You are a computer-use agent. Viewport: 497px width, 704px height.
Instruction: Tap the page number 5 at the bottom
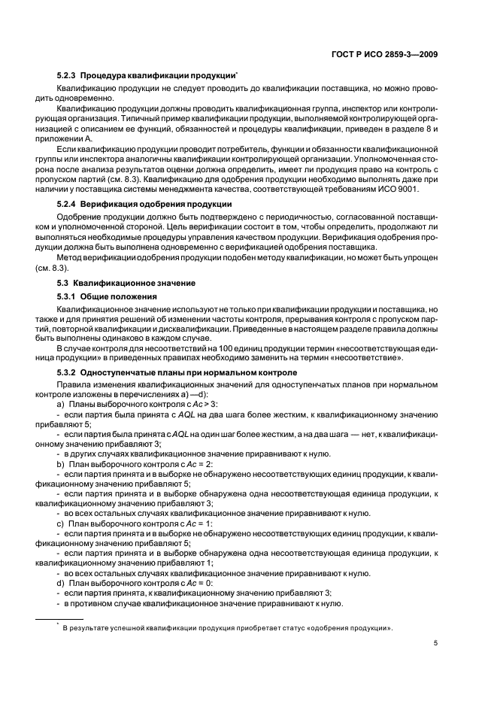click(436, 643)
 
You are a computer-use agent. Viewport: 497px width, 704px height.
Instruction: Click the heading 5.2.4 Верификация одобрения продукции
click(144, 205)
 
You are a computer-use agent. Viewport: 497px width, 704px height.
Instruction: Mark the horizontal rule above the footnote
click(61, 619)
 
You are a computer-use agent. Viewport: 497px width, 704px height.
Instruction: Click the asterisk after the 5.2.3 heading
click(238, 74)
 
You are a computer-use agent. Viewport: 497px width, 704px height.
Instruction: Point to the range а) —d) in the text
click(196, 394)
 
